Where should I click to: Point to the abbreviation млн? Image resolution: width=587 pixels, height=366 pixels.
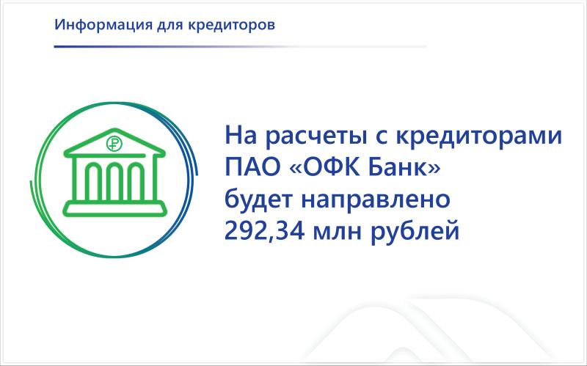351,233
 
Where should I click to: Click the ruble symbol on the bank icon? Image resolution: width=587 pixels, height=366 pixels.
113,144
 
